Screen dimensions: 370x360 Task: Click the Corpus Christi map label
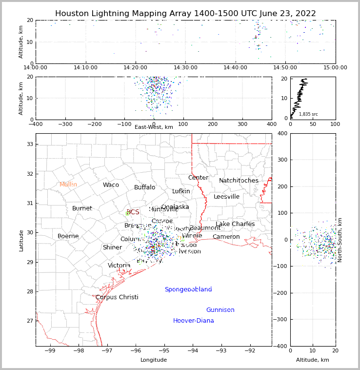pos(117,297)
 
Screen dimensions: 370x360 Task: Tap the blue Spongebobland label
pos(188,289)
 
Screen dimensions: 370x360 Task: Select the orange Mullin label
pos(68,185)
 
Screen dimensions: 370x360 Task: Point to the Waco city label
pos(111,185)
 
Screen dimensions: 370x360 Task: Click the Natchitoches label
pos(239,181)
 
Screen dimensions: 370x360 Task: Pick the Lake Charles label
pos(235,224)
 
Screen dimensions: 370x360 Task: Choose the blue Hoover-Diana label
pos(193,321)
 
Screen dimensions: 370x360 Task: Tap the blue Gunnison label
pos(220,310)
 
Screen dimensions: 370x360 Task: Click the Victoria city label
pos(119,266)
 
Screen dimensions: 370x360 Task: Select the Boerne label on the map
pos(68,236)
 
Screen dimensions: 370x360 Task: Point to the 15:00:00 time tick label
pos(335,68)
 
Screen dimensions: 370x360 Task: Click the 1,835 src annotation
pos(308,114)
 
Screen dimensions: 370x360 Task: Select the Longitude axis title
pos(154,360)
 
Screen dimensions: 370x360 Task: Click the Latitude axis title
pos(21,240)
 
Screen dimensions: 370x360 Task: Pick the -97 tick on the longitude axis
pos(107,350)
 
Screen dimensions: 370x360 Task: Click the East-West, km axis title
pos(154,127)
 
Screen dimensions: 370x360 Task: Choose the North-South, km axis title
pos(340,240)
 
